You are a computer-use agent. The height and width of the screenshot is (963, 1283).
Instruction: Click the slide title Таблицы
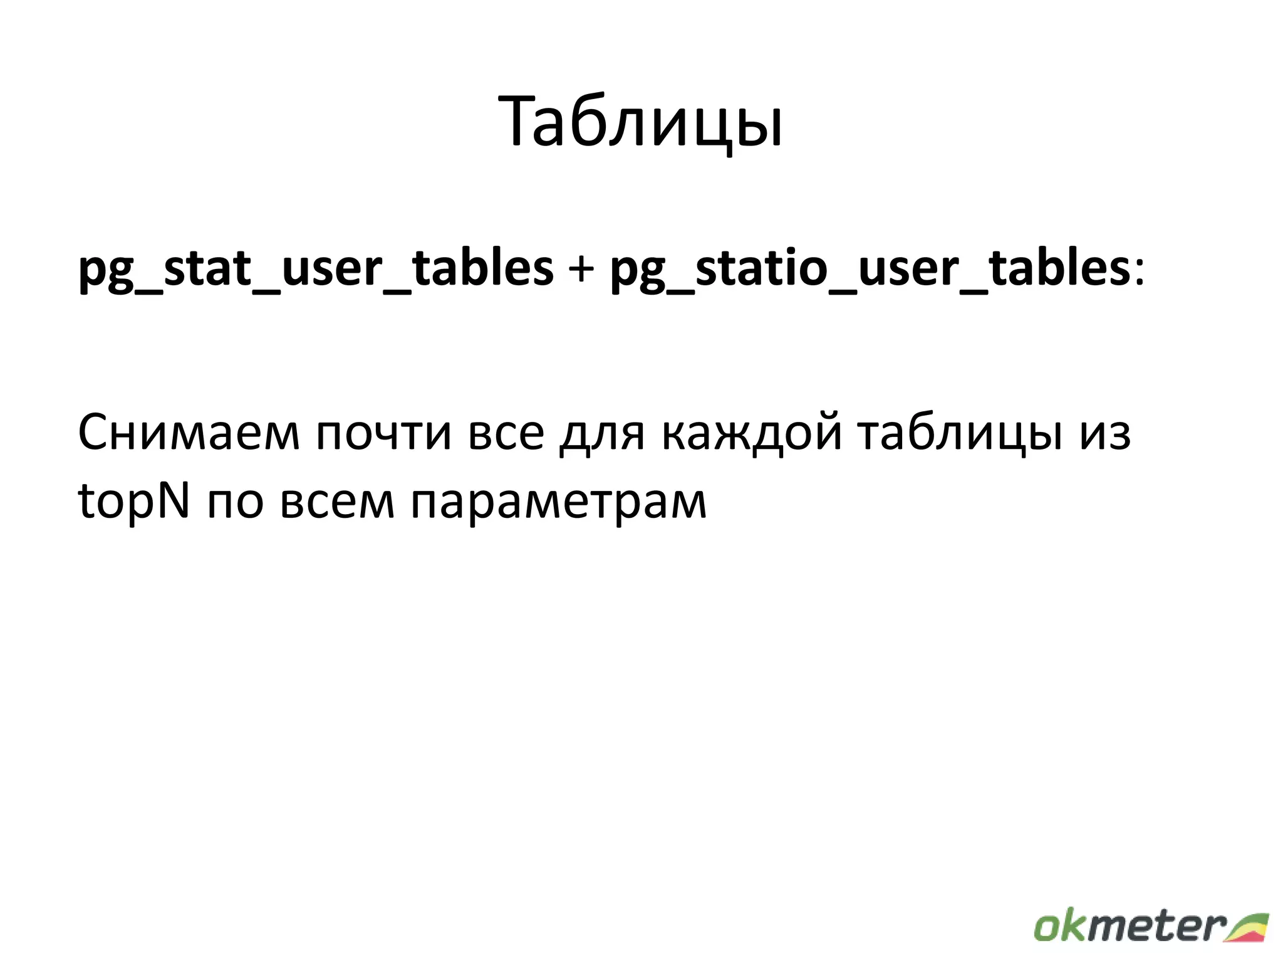pyautogui.click(x=640, y=123)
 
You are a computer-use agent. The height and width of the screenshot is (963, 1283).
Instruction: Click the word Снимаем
pyautogui.click(x=189, y=433)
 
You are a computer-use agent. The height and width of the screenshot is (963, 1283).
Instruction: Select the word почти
pyautogui.click(x=383, y=433)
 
